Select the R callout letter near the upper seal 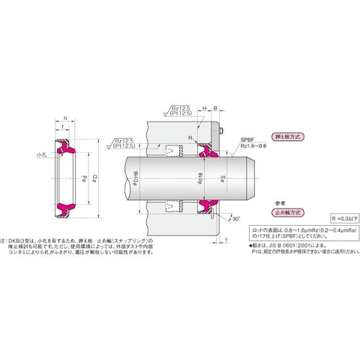190,139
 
